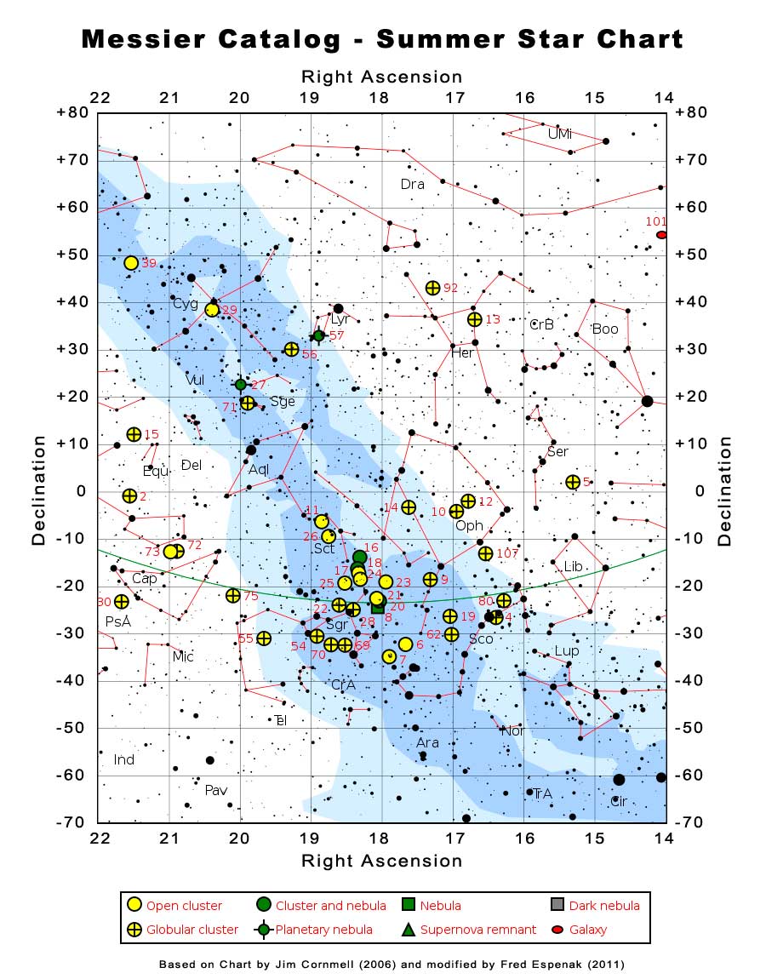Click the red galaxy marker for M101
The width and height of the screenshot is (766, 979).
pos(661,235)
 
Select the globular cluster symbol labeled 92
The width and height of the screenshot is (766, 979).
pos(432,288)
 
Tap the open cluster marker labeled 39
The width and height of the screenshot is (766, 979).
pos(131,263)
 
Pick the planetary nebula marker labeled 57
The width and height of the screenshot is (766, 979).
pos(318,335)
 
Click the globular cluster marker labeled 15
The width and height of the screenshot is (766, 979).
pos(134,435)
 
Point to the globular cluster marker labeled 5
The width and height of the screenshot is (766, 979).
pos(573,482)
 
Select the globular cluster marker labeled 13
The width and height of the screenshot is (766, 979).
pos(475,319)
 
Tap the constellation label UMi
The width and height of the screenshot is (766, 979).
pos(560,134)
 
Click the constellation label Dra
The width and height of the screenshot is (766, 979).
pos(413,184)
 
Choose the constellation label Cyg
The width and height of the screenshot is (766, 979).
pos(185,304)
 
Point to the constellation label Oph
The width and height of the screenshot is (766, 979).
pos(469,526)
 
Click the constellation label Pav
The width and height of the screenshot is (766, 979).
pos(216,790)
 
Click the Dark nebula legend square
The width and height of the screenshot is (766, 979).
pos(557,905)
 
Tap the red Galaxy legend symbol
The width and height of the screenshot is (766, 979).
pos(557,929)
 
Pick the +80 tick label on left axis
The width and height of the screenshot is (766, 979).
pos(71,112)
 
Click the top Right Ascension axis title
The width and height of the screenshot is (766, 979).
pos(382,77)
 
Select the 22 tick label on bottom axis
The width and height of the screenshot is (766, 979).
pos(100,839)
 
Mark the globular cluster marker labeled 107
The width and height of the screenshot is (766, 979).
pos(486,553)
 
